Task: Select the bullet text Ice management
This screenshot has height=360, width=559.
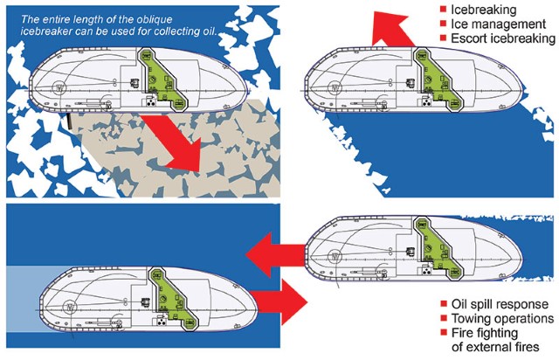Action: pos(495,24)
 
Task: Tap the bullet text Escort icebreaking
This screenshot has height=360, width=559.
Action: pos(503,38)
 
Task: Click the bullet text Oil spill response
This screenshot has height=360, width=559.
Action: pos(500,304)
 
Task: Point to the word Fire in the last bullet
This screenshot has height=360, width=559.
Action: pos(464,334)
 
